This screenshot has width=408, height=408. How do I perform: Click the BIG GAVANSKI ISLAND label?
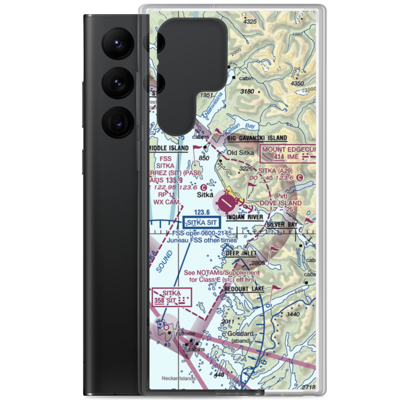pos(257,138)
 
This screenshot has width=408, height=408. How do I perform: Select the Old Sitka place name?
pos(240,153)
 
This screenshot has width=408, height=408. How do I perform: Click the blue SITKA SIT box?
pos(202,223)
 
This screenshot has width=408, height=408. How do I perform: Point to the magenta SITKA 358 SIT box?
pos(172,296)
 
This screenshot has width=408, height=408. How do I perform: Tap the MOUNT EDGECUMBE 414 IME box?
pos(288,153)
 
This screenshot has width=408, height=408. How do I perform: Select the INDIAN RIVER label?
pos(245,217)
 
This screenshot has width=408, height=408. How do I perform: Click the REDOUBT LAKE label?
pos(244,289)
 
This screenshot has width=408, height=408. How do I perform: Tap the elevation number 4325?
pos(249,22)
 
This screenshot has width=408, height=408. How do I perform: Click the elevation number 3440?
pos(293,314)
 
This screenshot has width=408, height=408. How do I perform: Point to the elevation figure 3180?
pos(247,91)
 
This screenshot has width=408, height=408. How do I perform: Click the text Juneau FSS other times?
pos(202,240)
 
